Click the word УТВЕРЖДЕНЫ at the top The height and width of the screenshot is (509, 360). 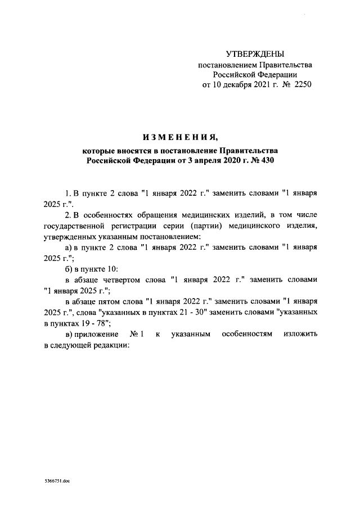(255, 54)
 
